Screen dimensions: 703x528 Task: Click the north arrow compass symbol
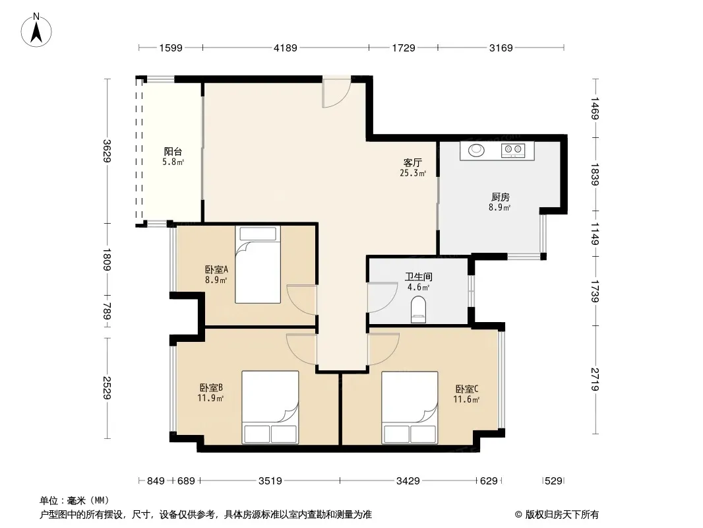(x=36, y=30)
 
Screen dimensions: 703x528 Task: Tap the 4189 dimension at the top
(x=286, y=48)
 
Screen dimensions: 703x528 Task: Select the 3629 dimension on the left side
(x=107, y=150)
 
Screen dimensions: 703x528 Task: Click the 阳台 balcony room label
(x=173, y=152)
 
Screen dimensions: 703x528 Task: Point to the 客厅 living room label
(x=412, y=162)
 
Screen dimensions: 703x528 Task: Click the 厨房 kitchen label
(x=501, y=197)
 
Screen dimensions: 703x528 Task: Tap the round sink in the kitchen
(x=476, y=150)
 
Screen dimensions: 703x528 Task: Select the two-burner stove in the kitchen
(x=513, y=150)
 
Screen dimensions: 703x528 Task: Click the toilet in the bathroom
(x=418, y=310)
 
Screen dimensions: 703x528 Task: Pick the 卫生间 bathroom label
(x=418, y=277)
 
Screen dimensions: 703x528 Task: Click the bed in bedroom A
(x=258, y=264)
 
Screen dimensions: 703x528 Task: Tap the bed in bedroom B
(x=270, y=407)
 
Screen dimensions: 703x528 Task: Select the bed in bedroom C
(x=410, y=407)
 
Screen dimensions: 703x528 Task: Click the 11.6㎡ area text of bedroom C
(x=466, y=399)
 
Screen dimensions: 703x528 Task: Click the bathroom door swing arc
(x=382, y=298)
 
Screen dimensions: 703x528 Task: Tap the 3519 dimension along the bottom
(x=270, y=481)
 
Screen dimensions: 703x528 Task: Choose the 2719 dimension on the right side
(x=595, y=379)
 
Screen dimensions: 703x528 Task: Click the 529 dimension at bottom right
(x=554, y=481)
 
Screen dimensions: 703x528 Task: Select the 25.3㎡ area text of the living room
(x=412, y=173)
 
